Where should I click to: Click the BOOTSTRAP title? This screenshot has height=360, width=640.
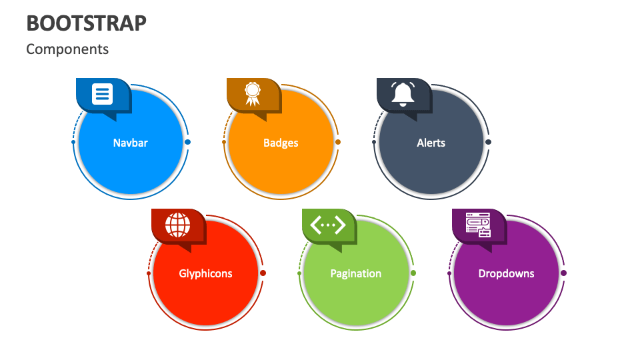86,23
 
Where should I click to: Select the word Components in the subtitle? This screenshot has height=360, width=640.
67,49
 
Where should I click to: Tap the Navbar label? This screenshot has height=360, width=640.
130,143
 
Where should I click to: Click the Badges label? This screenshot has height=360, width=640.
281,143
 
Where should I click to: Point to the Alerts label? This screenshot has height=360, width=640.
431,143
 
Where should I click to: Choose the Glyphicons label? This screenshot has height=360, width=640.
205,273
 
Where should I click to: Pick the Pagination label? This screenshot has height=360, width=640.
356,273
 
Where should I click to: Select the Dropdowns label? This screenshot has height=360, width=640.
506,273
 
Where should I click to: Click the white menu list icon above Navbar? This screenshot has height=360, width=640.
102,94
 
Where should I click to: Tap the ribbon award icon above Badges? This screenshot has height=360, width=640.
253,94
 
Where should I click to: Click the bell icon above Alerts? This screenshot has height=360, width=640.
403,94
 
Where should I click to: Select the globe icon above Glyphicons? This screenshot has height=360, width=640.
177,225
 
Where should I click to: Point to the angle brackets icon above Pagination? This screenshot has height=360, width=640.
328,225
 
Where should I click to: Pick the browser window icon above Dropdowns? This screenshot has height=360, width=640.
479,225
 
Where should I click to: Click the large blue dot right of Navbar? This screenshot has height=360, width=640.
188,142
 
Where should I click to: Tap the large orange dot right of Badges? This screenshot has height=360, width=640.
338,142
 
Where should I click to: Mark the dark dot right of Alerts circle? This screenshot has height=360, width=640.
488,142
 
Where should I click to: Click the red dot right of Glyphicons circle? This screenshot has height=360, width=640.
263,273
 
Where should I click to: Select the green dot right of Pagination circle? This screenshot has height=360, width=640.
413,273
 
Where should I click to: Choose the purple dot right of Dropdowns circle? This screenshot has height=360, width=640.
564,273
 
